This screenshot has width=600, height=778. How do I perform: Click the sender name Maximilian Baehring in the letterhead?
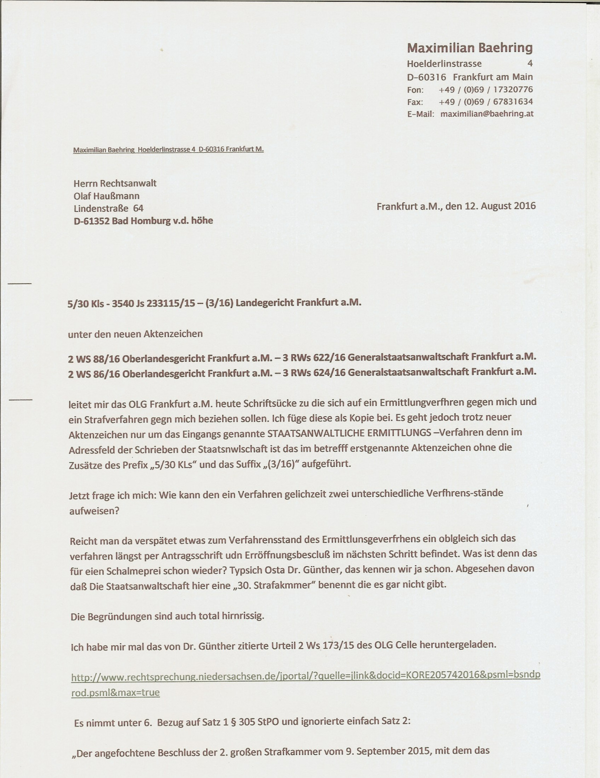pos(470,48)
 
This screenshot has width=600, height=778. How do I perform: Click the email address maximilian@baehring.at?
pos(487,114)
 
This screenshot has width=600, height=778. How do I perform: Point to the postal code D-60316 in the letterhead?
pos(427,77)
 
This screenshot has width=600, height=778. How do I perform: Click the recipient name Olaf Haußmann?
pos(106,196)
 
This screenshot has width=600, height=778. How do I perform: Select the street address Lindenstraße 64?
pos(108,208)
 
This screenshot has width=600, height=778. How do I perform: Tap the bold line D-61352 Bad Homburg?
pos(143,220)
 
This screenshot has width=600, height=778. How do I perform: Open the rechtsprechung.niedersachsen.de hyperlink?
pos(305,677)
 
